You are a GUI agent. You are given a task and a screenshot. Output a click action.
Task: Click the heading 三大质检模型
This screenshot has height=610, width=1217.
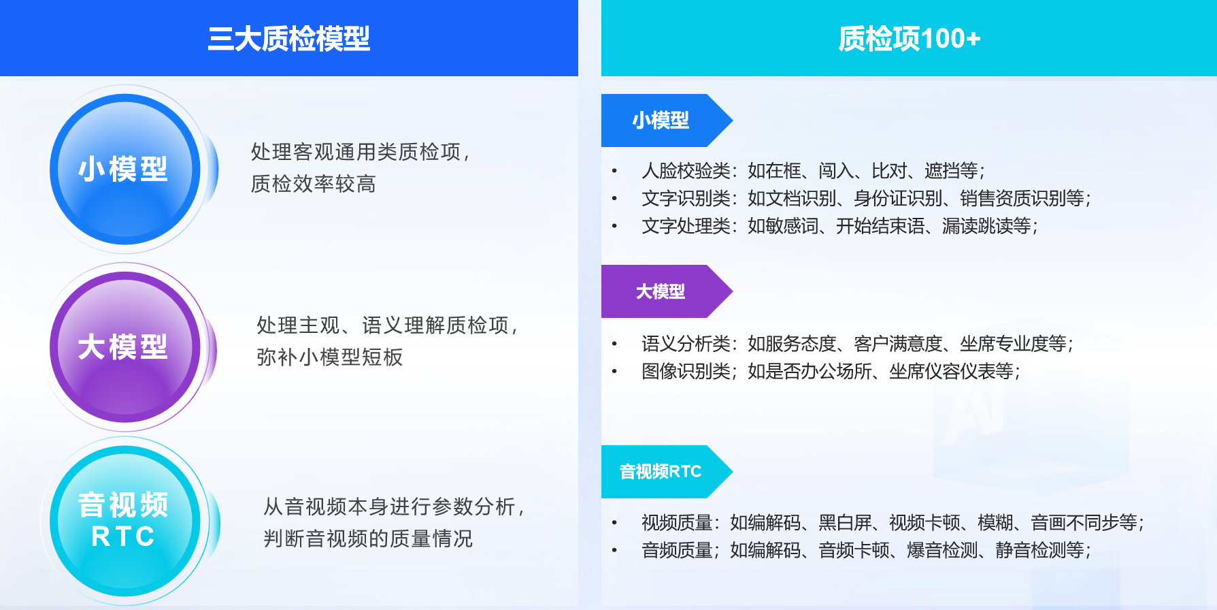click(289, 39)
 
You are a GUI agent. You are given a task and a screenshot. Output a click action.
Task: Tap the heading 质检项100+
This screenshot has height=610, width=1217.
click(909, 39)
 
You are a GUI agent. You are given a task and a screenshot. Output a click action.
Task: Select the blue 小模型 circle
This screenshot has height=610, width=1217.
click(125, 169)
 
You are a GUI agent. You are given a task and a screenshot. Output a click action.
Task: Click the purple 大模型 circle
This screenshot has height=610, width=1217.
click(125, 347)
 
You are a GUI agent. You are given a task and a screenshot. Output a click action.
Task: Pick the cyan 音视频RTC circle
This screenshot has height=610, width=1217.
click(125, 521)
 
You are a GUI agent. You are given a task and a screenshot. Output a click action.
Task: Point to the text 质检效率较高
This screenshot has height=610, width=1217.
click(314, 184)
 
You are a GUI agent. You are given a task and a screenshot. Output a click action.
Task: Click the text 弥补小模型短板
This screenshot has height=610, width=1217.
click(330, 357)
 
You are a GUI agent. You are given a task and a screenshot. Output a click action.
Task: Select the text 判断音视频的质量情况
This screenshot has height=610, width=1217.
click(368, 539)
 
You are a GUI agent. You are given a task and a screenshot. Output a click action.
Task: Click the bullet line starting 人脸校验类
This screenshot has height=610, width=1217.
click(813, 170)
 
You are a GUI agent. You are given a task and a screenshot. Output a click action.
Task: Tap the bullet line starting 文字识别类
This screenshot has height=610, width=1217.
click(866, 198)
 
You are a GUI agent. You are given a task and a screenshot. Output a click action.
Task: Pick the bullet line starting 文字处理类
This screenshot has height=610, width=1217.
click(839, 226)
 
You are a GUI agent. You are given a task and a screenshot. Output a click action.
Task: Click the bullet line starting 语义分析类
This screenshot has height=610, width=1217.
click(857, 344)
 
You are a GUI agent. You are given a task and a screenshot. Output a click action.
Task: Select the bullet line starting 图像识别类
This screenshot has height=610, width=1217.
click(831, 372)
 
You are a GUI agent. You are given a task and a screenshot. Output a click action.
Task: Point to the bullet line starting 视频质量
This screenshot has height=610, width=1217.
click(893, 523)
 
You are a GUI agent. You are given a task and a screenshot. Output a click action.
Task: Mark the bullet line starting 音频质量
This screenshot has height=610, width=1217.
click(866, 550)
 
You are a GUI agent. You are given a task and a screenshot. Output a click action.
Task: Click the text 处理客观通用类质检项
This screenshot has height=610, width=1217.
click(356, 152)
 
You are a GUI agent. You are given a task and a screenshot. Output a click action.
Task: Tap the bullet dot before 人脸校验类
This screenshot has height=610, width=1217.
click(614, 171)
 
